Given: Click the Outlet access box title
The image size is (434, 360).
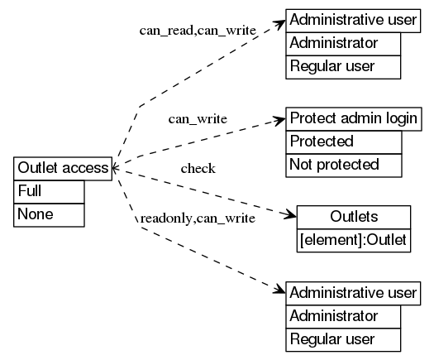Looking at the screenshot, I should [63, 168].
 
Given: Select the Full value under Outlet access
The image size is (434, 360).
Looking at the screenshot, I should [49, 191].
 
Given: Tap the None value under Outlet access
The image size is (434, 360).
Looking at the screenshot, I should [49, 214].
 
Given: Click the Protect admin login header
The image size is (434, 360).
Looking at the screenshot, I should [353, 118].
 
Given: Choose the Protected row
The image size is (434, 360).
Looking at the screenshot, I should [343, 142].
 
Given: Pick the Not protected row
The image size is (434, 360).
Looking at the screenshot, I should [343, 165].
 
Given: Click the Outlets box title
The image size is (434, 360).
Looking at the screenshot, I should [354, 217].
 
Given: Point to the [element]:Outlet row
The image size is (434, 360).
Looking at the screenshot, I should [354, 240].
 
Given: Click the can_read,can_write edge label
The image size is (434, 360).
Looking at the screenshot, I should [198, 31].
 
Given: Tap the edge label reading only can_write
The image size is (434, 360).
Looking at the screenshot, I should [198, 119].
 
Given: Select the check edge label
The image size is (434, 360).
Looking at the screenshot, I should [198, 170].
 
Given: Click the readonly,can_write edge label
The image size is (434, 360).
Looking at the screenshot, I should [198, 218].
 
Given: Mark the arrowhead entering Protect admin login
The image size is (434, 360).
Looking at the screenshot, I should [279, 121].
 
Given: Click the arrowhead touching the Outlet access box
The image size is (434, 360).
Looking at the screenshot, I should [115, 168].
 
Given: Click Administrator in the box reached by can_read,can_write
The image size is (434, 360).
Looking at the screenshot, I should [343, 43].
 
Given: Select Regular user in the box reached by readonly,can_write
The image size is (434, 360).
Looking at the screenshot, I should [343, 339].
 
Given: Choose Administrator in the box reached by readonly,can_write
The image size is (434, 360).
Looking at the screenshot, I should [343, 316].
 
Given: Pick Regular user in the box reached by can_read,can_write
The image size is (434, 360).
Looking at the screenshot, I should [343, 66].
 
